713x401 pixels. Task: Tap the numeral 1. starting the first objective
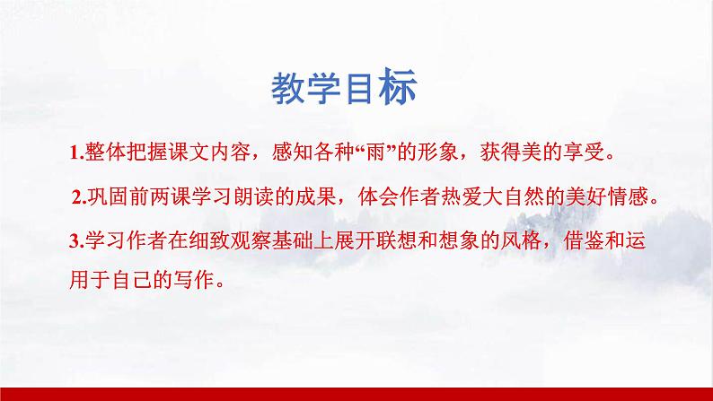[x=75, y=153]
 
